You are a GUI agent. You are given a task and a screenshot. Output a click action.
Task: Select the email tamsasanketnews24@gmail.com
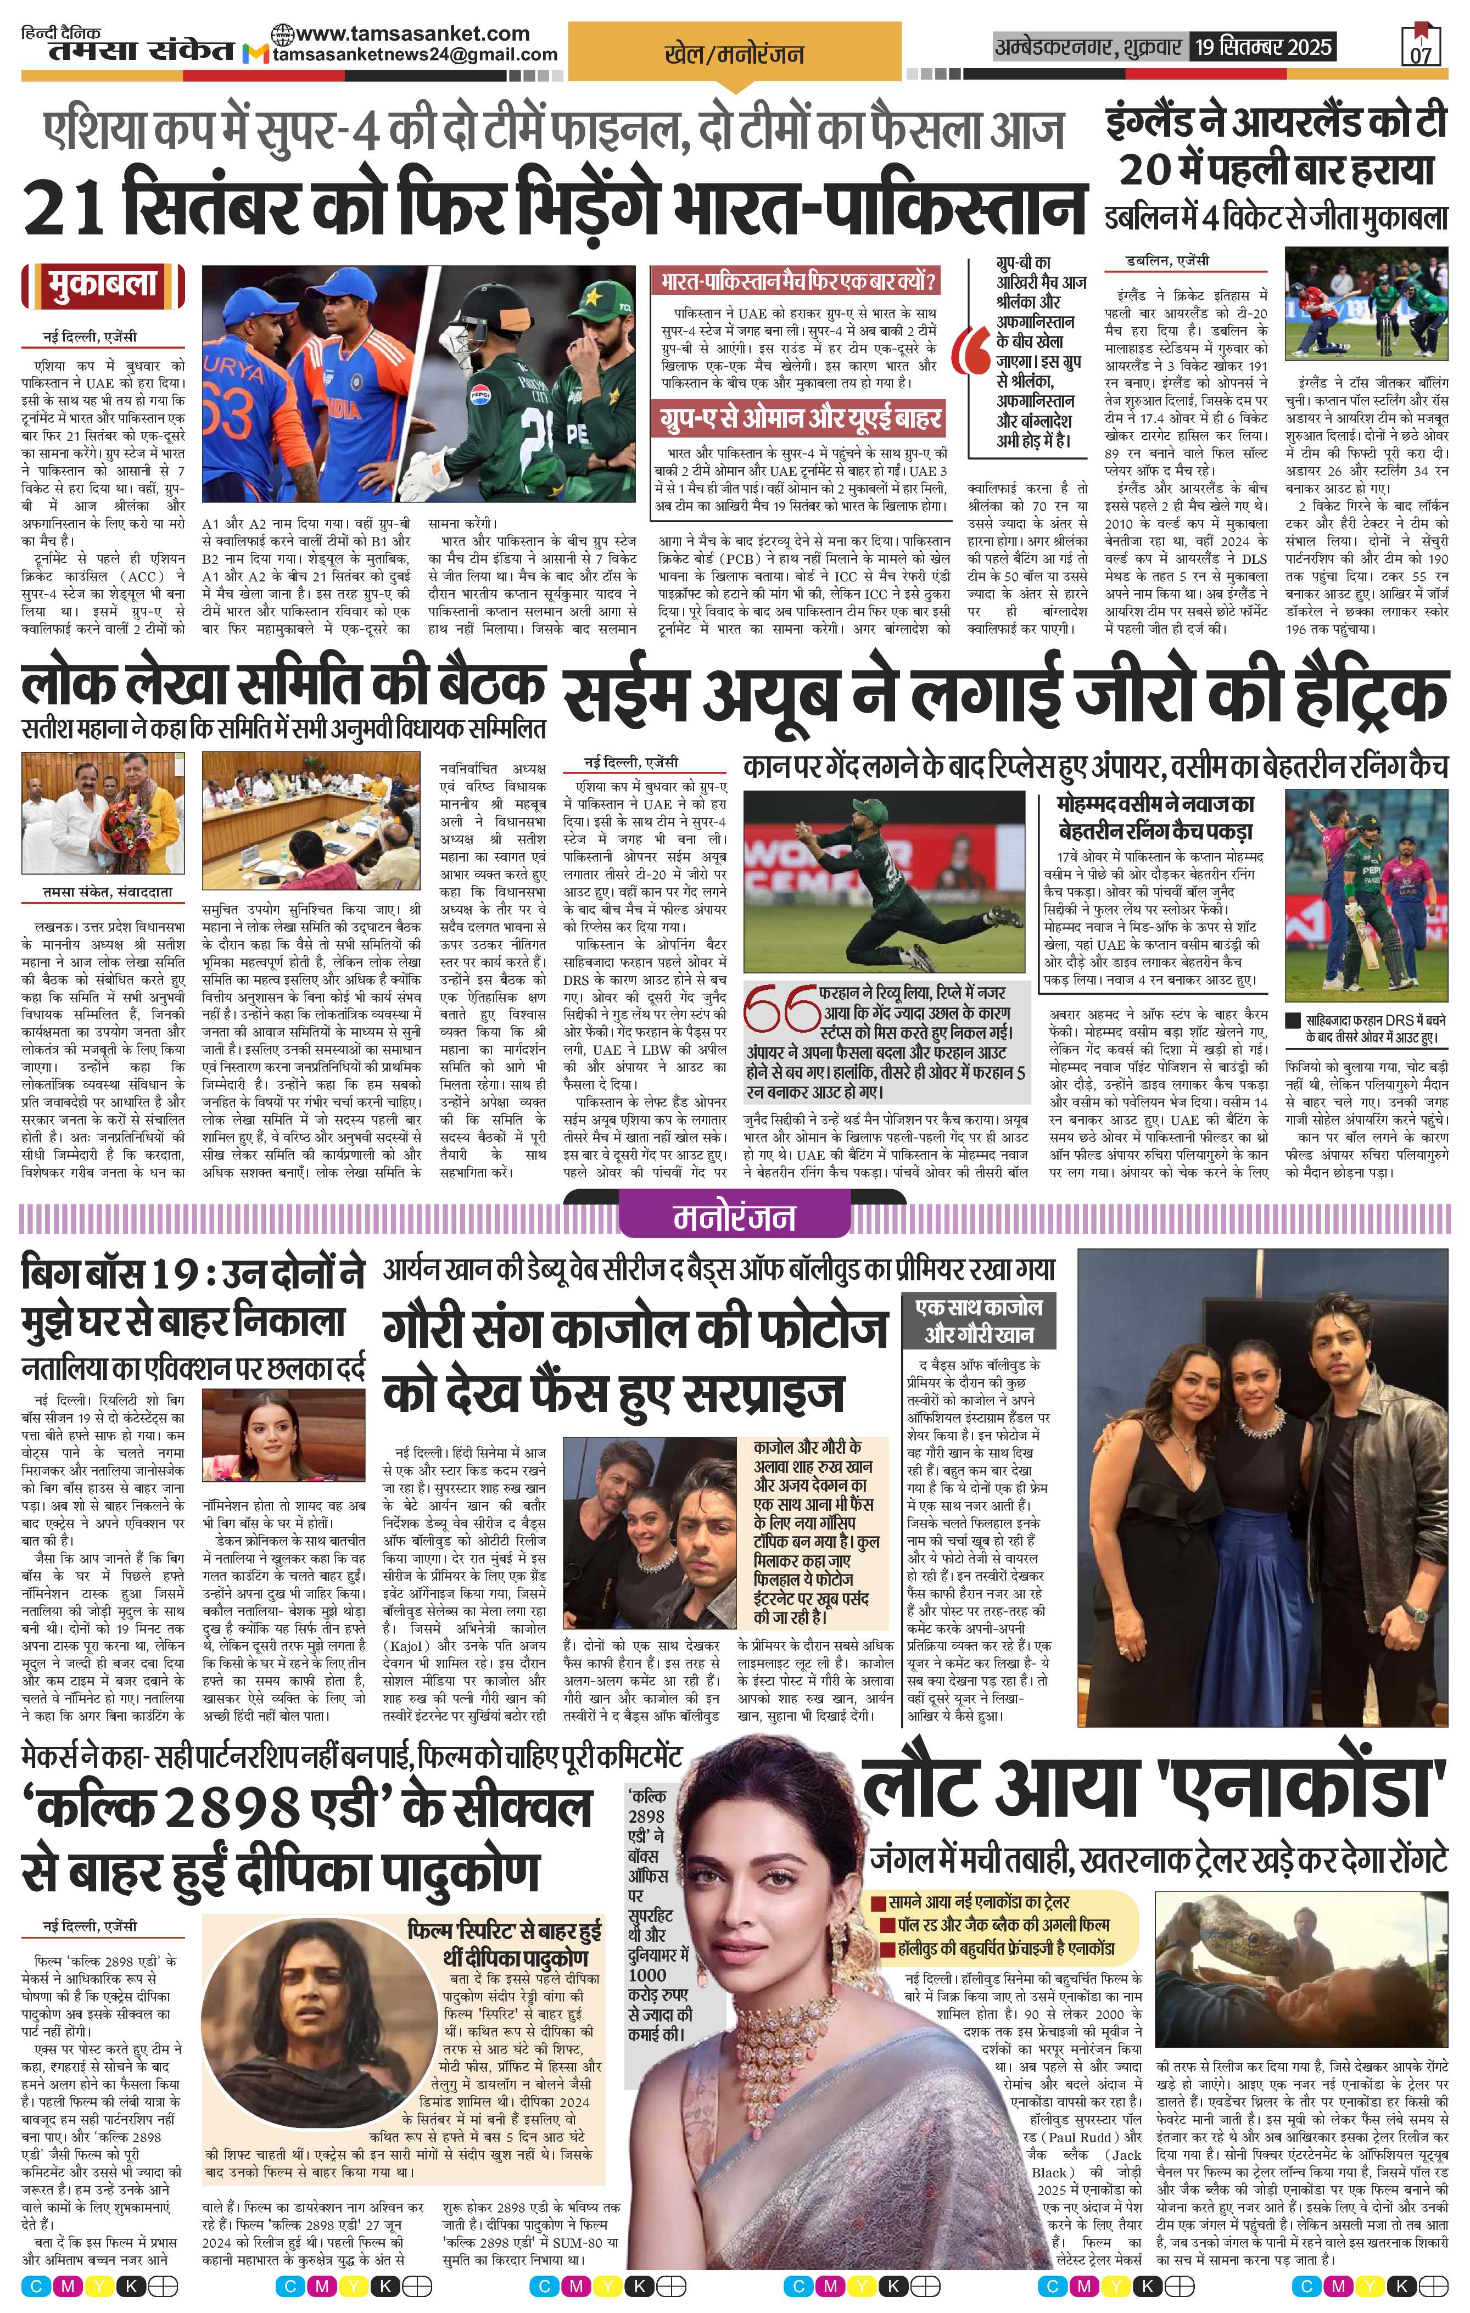pyautogui.click(x=415, y=55)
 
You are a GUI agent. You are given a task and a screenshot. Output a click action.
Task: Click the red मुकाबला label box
pyautogui.click(x=103, y=285)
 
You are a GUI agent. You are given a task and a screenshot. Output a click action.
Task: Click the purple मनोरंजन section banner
pyautogui.click(x=734, y=1218)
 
